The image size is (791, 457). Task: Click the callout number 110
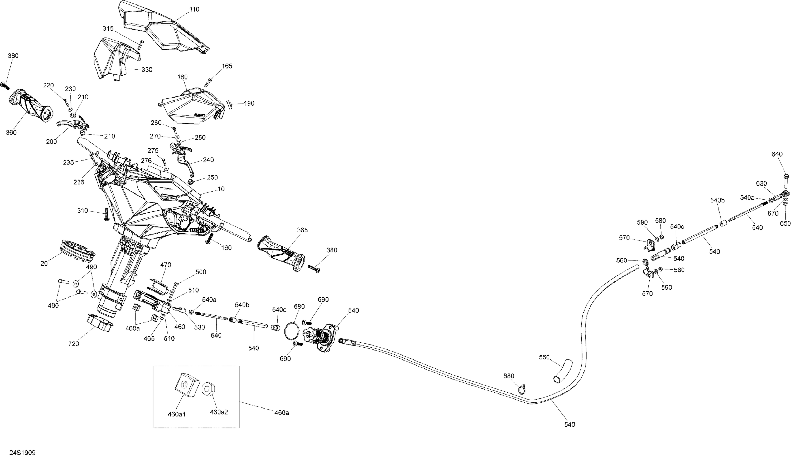coord(194,9)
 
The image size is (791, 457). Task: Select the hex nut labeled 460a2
coord(207,389)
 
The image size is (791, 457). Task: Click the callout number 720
coord(74,344)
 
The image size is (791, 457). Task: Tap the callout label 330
coord(147,70)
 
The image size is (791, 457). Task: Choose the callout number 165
coord(227,66)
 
